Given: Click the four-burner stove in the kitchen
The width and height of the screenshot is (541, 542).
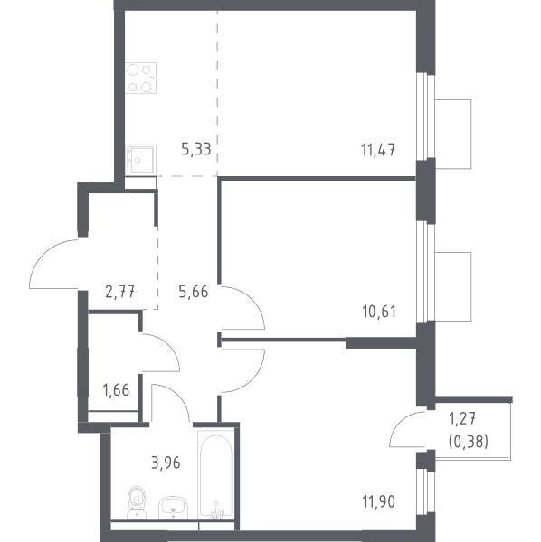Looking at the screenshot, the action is (141, 78).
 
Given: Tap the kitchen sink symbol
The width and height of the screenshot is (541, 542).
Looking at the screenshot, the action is (141, 159).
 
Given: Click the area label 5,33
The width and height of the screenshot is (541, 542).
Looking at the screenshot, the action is (196, 150).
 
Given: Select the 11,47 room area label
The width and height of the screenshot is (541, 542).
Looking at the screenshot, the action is (378, 150).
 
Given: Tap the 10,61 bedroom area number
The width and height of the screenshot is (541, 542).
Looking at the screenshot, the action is (379, 312).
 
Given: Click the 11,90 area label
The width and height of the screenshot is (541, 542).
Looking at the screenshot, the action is (379, 501).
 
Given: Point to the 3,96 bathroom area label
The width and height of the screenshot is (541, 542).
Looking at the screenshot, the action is (166, 463).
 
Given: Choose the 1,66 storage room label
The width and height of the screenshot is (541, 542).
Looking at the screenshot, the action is (116, 390).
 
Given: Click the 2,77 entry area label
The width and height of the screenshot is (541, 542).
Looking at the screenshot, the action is (119, 292).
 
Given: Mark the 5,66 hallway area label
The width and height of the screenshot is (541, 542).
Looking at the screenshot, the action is (194, 292).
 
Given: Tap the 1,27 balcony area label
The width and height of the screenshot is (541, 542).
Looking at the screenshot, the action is (462, 419).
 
